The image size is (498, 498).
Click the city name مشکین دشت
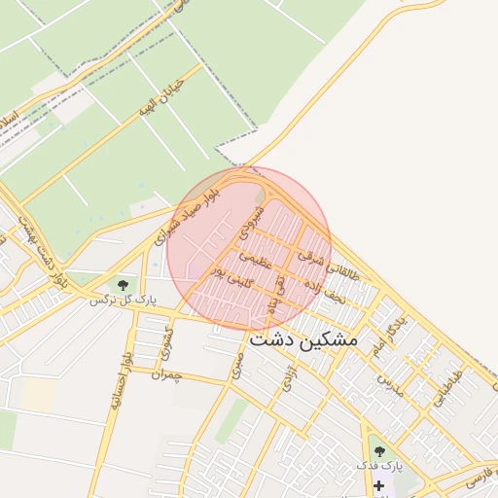[x=303, y=340]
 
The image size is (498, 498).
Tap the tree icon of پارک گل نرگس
[x=123, y=285]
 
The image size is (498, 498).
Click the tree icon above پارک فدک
[x=378, y=451]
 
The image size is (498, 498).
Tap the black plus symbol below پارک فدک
[x=378, y=484]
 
